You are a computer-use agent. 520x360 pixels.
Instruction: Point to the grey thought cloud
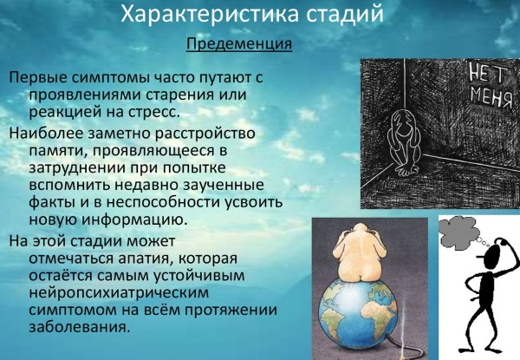459,227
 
